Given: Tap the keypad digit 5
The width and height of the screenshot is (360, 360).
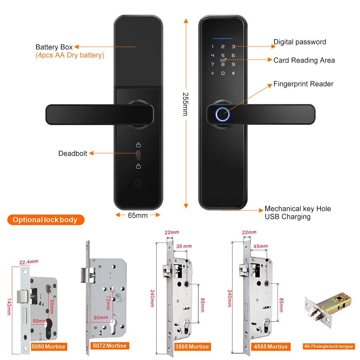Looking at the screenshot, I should (223, 55).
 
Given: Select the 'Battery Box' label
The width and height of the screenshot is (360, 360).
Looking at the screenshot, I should (54, 47).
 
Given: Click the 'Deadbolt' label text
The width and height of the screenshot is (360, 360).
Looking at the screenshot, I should (73, 154).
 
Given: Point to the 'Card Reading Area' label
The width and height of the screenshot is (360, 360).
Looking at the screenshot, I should (304, 60).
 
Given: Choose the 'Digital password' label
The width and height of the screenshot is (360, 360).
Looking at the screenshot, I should (300, 42).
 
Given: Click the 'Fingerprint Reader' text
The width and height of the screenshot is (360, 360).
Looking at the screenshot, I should (303, 84).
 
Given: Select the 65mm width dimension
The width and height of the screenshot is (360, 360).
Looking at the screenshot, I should (138, 215).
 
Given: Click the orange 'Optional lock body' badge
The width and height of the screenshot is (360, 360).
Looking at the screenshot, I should (45, 220).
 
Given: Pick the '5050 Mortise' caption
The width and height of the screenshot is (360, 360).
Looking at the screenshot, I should (48, 346).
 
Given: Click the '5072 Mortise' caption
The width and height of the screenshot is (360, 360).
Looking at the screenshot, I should (109, 346).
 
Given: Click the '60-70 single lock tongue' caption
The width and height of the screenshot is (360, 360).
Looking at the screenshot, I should (328, 346).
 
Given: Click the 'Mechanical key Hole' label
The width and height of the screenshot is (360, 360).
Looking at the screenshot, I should (298, 209).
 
